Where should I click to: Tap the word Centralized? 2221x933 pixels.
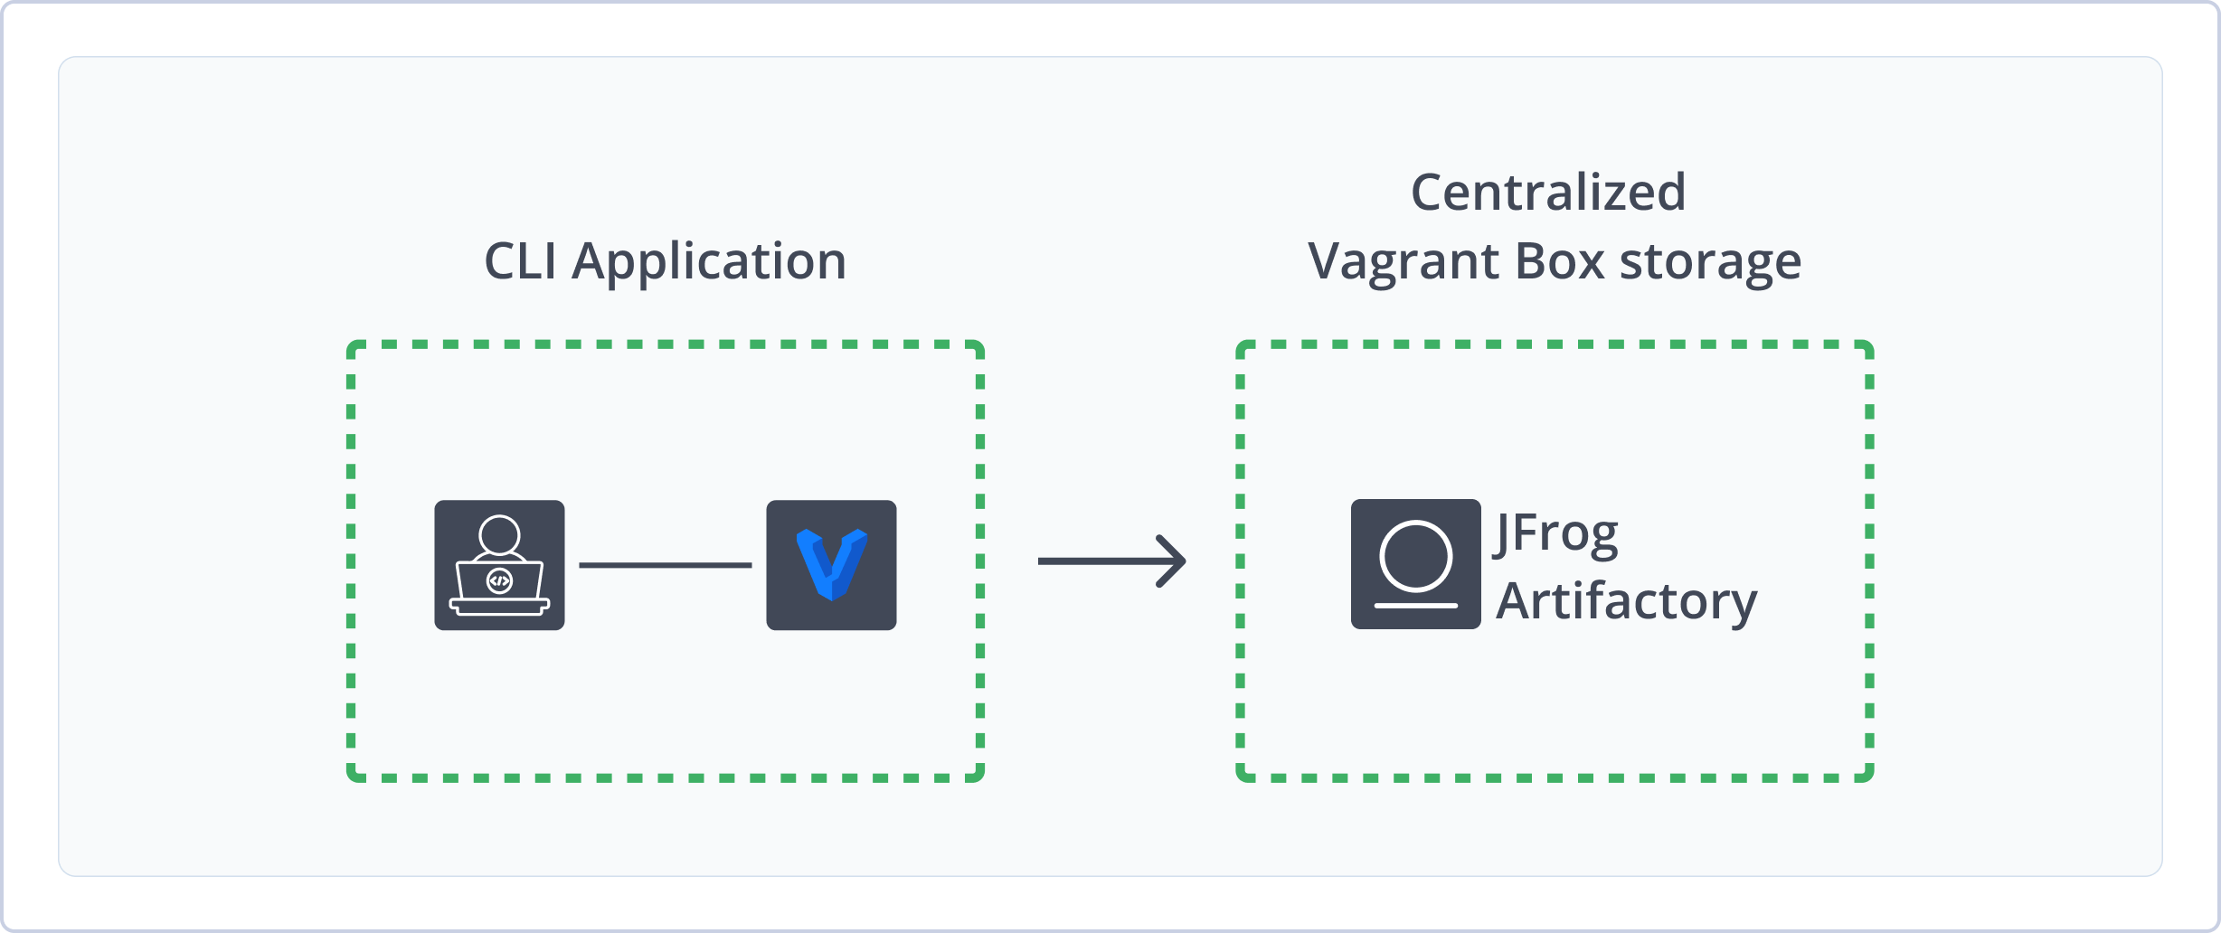[x=1548, y=193]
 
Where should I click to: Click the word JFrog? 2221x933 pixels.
[x=1556, y=533]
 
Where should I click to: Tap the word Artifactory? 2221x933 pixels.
[x=1626, y=601]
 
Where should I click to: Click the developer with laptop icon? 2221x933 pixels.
[x=499, y=565]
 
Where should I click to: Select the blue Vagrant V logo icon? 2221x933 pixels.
[x=831, y=565]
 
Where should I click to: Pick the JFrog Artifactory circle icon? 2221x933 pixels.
[x=1415, y=564]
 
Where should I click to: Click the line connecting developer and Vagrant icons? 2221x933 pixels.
[x=665, y=565]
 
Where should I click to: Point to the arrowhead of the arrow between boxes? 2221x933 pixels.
[x=1176, y=561]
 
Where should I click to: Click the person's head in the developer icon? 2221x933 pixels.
[x=499, y=534]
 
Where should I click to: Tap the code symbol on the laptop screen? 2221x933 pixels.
[x=499, y=580]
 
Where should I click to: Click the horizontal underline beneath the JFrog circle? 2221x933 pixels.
[x=1415, y=605]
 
